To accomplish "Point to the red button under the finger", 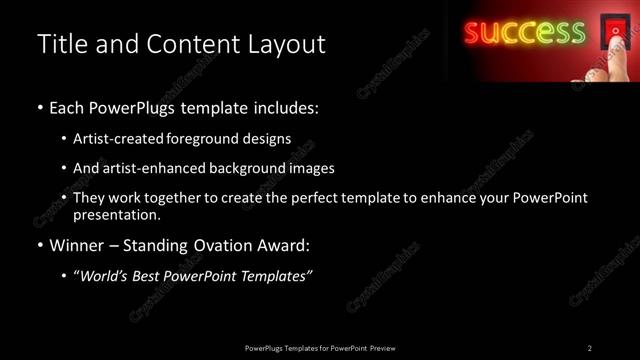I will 611,33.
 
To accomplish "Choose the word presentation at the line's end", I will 116,214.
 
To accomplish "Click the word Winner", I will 77,244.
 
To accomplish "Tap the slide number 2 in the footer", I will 589,347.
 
